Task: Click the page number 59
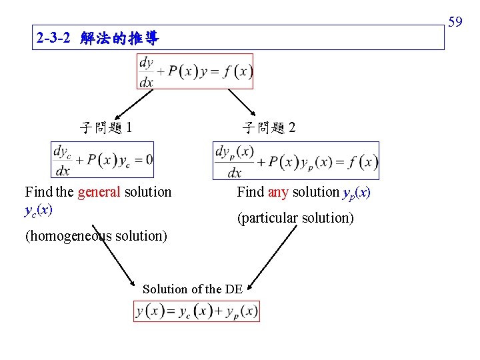[x=455, y=23]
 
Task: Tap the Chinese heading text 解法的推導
[x=119, y=39]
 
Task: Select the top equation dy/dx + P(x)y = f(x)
[x=195, y=71]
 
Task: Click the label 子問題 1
[x=105, y=127]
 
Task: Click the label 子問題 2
[x=269, y=127]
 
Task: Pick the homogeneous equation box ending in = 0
[x=103, y=160]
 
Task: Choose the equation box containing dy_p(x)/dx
[x=296, y=161]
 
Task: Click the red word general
[x=99, y=192]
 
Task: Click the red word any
[x=277, y=192]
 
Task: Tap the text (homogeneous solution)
[x=96, y=236]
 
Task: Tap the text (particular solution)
[x=295, y=218]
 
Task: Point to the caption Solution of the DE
[x=193, y=289]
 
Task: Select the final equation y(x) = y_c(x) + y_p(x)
[x=197, y=311]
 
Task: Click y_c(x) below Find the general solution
[x=39, y=210]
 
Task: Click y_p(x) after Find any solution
[x=355, y=193]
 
